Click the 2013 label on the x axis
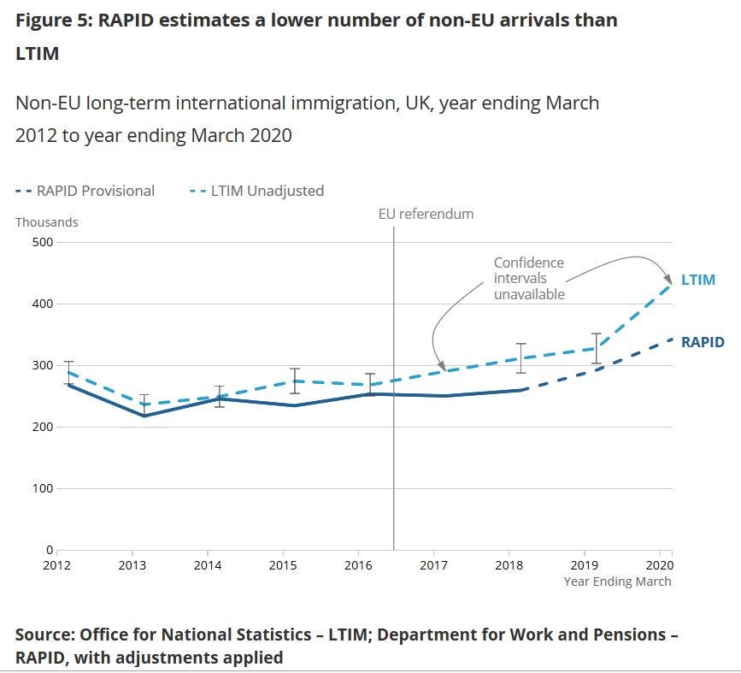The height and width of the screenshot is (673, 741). (132, 565)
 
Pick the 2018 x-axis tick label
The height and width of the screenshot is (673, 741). (509, 565)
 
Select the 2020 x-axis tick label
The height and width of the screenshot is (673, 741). (659, 565)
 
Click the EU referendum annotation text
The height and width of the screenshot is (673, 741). (426, 214)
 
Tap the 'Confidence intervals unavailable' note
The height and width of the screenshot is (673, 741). (529, 279)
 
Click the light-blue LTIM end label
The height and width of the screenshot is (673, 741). (697, 280)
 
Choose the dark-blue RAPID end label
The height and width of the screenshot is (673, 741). (703, 342)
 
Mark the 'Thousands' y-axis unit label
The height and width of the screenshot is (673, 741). (47, 222)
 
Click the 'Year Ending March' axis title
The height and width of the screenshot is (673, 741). (617, 581)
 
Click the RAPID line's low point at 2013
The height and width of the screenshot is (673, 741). (144, 416)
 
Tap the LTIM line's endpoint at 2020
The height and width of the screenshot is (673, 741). (670, 284)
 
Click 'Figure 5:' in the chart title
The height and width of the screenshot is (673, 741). (53, 20)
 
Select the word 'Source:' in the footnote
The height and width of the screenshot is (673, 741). (44, 635)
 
